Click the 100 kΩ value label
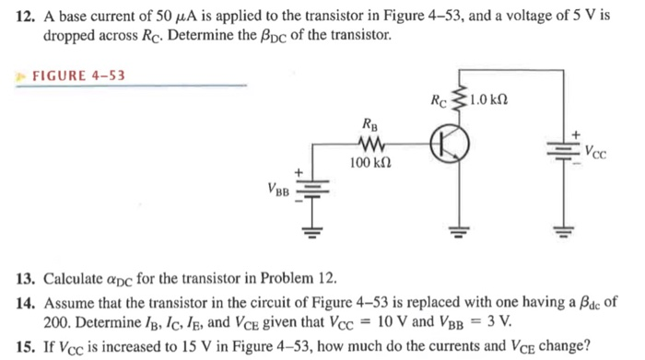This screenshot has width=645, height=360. tap(369, 163)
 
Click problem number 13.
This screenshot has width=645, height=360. tap(27, 277)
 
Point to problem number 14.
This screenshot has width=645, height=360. tap(27, 300)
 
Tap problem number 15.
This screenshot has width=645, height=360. tap(27, 347)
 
